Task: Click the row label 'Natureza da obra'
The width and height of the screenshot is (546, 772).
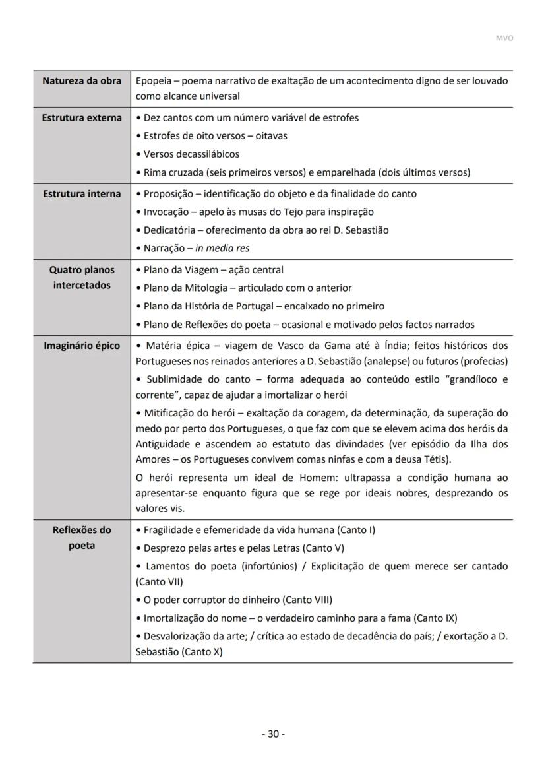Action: (x=82, y=81)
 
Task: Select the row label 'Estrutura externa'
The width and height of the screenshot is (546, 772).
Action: (x=82, y=118)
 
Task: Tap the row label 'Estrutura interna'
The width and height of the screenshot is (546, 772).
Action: (x=82, y=194)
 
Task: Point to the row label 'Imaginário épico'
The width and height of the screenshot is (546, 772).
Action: (x=82, y=346)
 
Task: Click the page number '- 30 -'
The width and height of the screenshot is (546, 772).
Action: (x=273, y=734)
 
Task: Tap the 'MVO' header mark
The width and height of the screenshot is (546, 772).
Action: (x=504, y=38)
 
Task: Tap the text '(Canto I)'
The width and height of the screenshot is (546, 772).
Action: (x=356, y=530)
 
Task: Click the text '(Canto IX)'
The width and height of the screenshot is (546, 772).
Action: (x=435, y=618)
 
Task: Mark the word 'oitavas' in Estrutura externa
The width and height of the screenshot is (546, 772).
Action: (x=270, y=136)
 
